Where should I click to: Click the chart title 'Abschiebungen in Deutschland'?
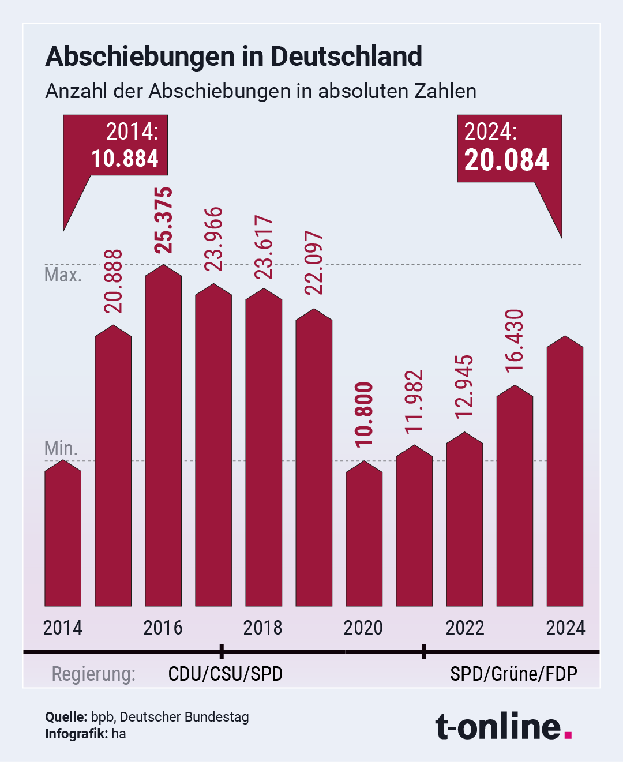[x=234, y=57]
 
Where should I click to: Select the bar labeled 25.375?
[x=163, y=438]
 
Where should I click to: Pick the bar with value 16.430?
[x=515, y=496]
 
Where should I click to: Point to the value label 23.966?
[x=214, y=239]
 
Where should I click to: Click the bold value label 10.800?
[x=365, y=414]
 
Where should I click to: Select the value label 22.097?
[x=314, y=263]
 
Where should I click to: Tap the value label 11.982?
[x=414, y=401]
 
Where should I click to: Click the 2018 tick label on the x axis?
[x=263, y=628]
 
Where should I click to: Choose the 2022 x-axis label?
[x=465, y=628]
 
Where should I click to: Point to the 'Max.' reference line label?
[x=63, y=275]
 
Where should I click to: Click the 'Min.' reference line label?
[x=61, y=448]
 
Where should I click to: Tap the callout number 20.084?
[x=506, y=160]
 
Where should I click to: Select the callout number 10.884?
[x=125, y=159]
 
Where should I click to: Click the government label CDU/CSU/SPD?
[x=226, y=674]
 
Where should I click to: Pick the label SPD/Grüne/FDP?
[x=513, y=674]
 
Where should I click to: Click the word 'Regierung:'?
[x=93, y=674]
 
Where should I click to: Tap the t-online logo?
[x=503, y=726]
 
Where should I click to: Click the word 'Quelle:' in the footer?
[x=66, y=717]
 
